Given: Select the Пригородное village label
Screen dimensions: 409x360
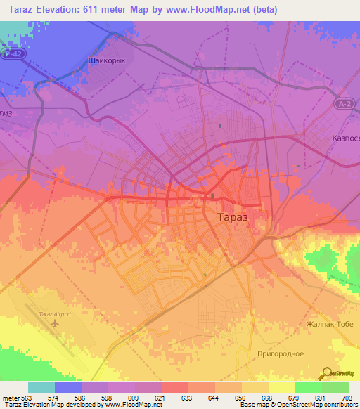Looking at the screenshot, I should tap(280, 353).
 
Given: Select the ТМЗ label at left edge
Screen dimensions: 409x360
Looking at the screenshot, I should tap(6, 114).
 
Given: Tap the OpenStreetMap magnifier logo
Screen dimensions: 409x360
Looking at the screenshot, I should tap(326, 372).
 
